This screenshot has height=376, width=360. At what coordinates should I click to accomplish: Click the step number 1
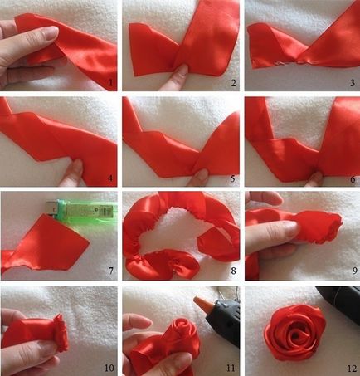click(x=111, y=83)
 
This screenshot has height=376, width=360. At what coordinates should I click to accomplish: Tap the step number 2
click(x=234, y=83)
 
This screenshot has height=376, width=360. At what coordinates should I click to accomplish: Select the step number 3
click(x=353, y=83)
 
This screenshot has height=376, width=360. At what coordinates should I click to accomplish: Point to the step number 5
click(x=233, y=178)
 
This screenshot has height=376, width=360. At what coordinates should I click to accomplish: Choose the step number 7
click(x=111, y=271)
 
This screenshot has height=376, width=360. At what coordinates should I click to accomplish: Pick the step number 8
click(x=234, y=271)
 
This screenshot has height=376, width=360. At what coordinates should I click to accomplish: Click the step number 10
click(x=109, y=368)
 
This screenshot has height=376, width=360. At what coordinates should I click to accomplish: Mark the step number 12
click(x=353, y=369)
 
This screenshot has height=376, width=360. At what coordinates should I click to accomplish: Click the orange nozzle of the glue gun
click(x=200, y=302)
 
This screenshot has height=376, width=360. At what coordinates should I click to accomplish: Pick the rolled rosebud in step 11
click(x=182, y=331)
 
